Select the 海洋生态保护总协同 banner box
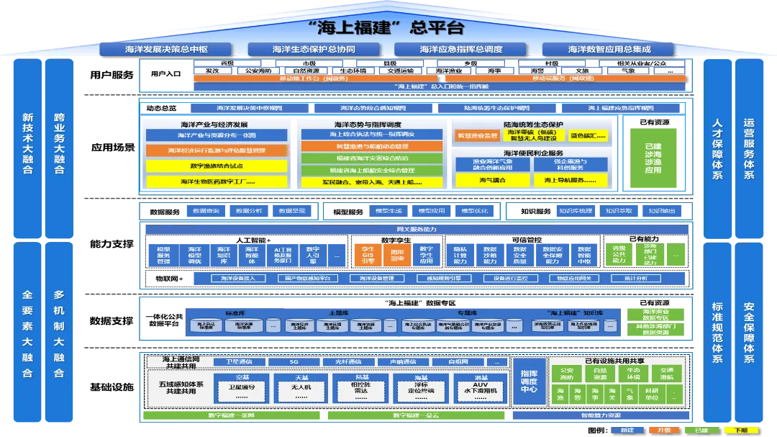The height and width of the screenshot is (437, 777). (313, 50)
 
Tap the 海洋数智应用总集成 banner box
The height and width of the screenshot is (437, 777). (609, 50)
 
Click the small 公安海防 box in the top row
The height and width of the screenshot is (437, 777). (258, 71)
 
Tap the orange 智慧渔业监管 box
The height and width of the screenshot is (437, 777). (476, 135)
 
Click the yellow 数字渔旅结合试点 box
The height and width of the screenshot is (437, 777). (216, 166)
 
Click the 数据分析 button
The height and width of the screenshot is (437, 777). (248, 211)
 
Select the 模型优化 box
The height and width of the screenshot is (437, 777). (474, 211)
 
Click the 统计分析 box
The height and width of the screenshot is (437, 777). (635, 278)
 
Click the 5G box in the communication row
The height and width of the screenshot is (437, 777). (294, 361)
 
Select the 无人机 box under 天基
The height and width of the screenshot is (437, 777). (302, 387)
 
